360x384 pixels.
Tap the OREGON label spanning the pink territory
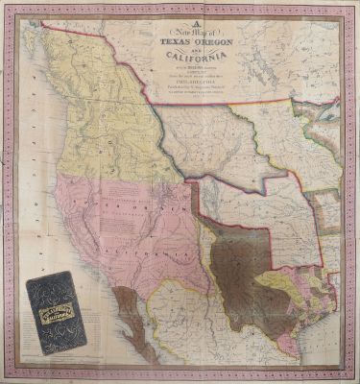point(139,218)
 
